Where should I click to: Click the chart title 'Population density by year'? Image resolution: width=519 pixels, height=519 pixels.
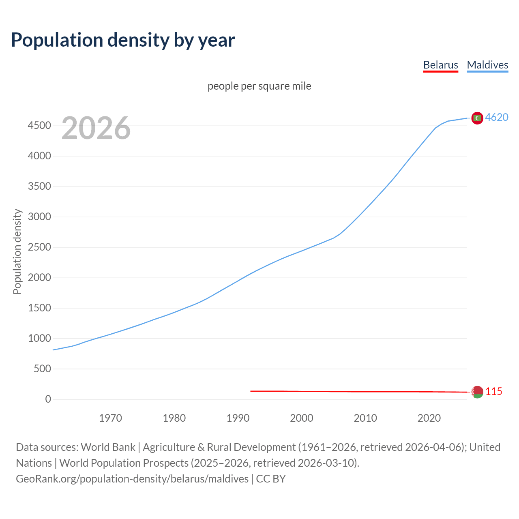click(123, 40)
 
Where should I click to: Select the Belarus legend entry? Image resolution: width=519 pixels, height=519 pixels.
click(440, 65)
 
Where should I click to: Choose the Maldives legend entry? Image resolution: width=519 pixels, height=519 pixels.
click(487, 65)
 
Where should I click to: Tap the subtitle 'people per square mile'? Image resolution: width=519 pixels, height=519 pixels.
click(259, 86)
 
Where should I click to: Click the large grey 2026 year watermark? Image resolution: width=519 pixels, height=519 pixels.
click(96, 128)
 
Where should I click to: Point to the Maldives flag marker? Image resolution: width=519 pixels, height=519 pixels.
click(477, 118)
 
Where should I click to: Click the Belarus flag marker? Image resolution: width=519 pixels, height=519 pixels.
click(477, 392)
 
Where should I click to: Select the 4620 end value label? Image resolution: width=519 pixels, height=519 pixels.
click(497, 117)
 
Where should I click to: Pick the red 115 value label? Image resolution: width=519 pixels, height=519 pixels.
click(493, 391)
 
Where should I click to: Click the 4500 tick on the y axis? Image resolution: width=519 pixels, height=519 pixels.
click(39, 126)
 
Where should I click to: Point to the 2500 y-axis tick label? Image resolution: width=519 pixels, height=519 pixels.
click(39, 247)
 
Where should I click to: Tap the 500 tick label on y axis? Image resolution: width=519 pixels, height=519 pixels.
click(42, 369)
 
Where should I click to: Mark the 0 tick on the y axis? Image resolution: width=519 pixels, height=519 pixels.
click(48, 399)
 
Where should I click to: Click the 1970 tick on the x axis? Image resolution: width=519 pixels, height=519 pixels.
click(110, 418)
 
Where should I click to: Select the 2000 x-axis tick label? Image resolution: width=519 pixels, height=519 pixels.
click(301, 418)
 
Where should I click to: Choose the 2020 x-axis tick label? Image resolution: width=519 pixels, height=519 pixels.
click(429, 418)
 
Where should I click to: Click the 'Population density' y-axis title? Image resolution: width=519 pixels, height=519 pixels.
click(17, 251)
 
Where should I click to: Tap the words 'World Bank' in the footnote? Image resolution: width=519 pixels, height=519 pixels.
click(108, 447)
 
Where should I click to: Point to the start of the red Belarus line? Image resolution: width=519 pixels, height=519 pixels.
click(251, 391)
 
